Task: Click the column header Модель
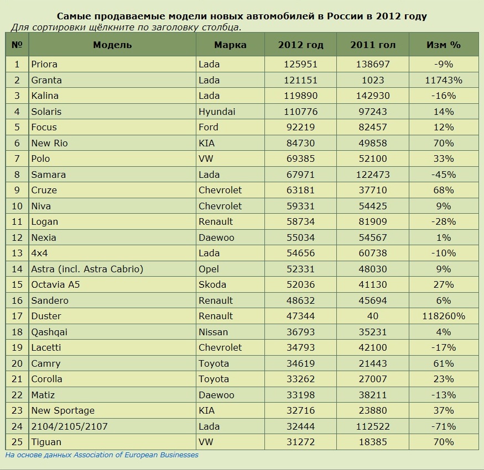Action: [x=112, y=45]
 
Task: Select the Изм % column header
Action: [x=444, y=45]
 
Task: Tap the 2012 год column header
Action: [x=301, y=45]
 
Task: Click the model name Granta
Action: [x=46, y=80]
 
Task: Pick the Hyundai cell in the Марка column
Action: [x=217, y=112]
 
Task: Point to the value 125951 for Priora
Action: [x=301, y=64]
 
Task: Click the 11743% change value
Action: [x=444, y=80]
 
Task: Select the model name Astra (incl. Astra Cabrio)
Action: [x=87, y=269]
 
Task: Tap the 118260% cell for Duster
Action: [x=444, y=316]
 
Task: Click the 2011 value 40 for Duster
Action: [x=373, y=316]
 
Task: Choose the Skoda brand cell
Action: [x=212, y=284]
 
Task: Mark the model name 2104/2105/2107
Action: [x=70, y=426]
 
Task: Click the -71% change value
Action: [x=444, y=426]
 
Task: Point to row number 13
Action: [x=17, y=253]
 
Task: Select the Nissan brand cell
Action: [x=213, y=332]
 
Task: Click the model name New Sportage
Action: [x=63, y=410]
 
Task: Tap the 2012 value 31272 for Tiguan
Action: [x=301, y=442]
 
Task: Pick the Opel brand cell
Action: [x=209, y=269]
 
